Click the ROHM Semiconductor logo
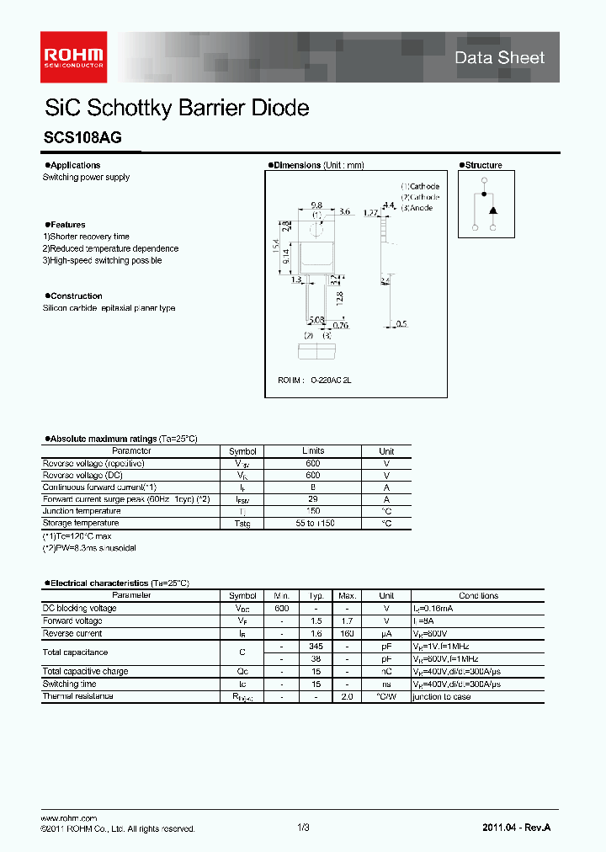pyautogui.click(x=75, y=51)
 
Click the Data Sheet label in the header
pyautogui.click(x=500, y=57)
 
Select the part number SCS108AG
pyautogui.click(x=82, y=140)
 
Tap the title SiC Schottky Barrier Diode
pyautogui.click(x=177, y=109)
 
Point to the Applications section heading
pyautogui.click(x=74, y=165)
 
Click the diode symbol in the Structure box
pyautogui.click(x=492, y=209)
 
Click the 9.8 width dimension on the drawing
pyautogui.click(x=316, y=205)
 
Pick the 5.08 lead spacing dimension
pyautogui.click(x=316, y=320)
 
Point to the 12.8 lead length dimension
pyautogui.click(x=338, y=298)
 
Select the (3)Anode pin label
pyautogui.click(x=417, y=208)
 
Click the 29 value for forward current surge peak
pyautogui.click(x=313, y=499)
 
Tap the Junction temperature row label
pyautogui.click(x=82, y=511)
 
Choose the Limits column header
pyautogui.click(x=313, y=451)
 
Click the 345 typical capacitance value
pyautogui.click(x=317, y=646)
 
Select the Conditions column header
pyautogui.click(x=478, y=595)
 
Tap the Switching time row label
pyautogui.click(x=72, y=684)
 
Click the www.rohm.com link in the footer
pyautogui.click(x=69, y=818)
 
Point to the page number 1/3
pyautogui.click(x=304, y=828)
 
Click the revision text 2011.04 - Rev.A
pyautogui.click(x=517, y=828)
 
